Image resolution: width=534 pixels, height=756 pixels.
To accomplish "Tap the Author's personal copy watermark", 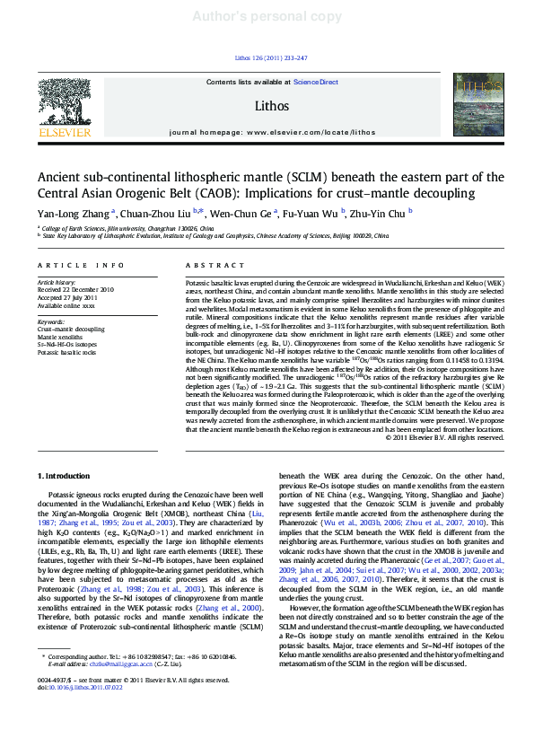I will pos(267,17).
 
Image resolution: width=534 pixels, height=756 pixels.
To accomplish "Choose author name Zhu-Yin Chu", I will pos(381,214).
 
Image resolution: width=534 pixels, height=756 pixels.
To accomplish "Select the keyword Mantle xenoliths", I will pos(60,337).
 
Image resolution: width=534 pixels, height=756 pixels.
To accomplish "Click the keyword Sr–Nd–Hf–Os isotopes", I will pos(66,345).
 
